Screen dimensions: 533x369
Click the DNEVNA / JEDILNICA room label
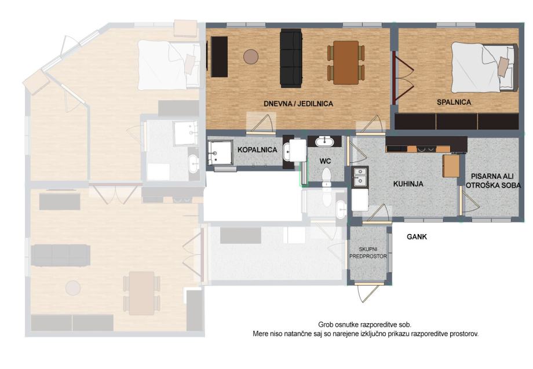click(298, 104)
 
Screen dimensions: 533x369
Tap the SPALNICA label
click(454, 102)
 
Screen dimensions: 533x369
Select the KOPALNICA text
click(257, 149)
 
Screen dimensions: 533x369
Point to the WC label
click(325, 160)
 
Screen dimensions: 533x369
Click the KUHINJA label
click(408, 184)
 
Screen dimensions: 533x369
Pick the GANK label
click(417, 237)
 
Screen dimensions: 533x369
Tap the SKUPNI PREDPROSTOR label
click(368, 253)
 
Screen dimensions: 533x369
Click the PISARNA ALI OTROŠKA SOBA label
click(492, 181)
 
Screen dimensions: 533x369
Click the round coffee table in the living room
click(251, 56)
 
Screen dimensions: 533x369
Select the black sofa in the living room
click(291, 58)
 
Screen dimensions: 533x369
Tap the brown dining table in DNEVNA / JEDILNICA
click(346, 63)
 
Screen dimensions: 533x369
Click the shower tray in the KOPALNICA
click(220, 153)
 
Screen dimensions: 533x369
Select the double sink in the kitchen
click(359, 176)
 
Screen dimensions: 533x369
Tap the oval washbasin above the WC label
click(324, 141)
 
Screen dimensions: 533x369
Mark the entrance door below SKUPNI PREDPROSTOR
click(368, 291)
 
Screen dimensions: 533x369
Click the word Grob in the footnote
click(324, 324)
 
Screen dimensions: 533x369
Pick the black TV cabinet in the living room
click(219, 57)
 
